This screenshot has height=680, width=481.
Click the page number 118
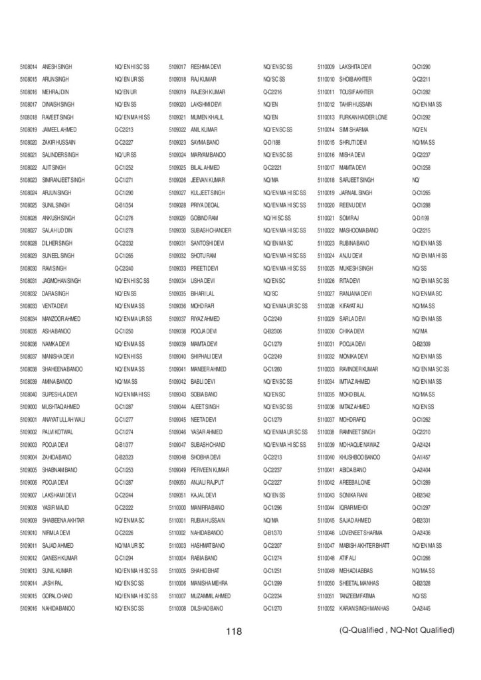pyautogui.click(x=233, y=631)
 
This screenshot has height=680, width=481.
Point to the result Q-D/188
pyautogui.click(x=272, y=142)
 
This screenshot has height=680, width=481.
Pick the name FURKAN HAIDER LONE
pyautogui.click(x=363, y=117)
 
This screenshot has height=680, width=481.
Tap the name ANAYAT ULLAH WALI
pyautogui.click(x=64, y=420)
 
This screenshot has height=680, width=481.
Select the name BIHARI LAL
pyautogui.click(x=203, y=294)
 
